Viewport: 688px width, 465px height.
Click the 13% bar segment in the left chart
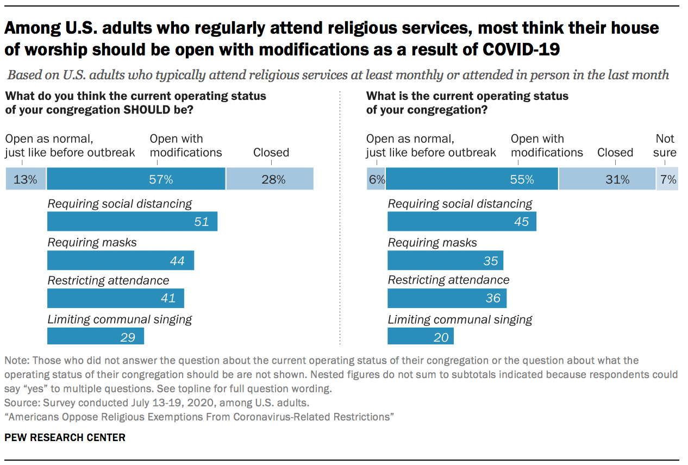pos(26,179)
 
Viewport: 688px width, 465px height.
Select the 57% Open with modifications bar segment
pos(136,179)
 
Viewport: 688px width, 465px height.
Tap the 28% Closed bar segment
pos(270,179)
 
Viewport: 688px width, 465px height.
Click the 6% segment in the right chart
pos(376,179)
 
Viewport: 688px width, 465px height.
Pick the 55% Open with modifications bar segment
pos(472,179)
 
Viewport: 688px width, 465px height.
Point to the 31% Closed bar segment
pos(607,179)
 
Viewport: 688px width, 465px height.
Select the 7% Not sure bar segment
pos(667,179)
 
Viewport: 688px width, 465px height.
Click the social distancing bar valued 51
pos(132,222)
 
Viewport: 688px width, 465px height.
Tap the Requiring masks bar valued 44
pos(120,261)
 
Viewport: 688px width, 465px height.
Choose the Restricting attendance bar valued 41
pos(115,298)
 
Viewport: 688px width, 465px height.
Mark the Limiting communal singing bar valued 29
pos(95,337)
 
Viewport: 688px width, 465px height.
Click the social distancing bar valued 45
pos(461,222)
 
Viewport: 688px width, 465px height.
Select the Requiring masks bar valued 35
pos(445,261)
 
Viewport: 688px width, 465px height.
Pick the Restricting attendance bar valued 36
pos(447,298)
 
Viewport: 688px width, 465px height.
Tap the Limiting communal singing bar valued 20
pos(420,337)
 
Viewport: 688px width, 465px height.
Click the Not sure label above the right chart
pos(665,146)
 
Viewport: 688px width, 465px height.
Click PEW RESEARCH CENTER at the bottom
pos(65,437)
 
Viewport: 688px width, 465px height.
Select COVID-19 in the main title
pos(521,49)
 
